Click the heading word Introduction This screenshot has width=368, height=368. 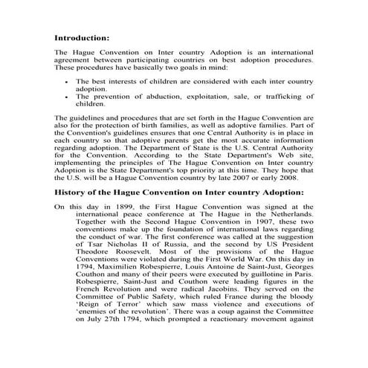[x=82, y=37]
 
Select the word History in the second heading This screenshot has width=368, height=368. [x=74, y=191]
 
